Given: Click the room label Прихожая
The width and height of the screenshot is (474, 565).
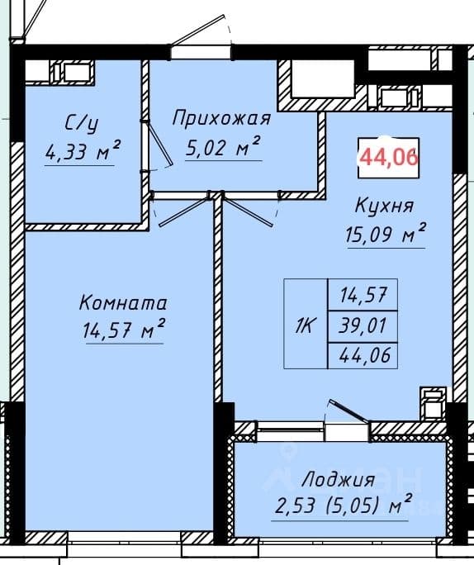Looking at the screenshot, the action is coord(221,119).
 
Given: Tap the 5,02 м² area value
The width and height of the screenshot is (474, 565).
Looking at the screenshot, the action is coord(223,147).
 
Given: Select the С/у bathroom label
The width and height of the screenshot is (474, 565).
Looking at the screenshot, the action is coord(82,124).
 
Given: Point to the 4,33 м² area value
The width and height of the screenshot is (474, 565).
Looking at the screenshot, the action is coord(83,151).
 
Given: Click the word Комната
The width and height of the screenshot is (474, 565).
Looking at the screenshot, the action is coord(123,303).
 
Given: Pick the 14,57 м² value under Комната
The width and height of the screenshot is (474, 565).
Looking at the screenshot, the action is coord(124,329).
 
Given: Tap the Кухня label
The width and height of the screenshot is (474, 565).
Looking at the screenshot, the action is coord(384,207).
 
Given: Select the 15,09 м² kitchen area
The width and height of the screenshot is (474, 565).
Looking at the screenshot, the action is coord(386,234).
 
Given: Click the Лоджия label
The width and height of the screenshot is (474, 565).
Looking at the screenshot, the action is coord(339,481).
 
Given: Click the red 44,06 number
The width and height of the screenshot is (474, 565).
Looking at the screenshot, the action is coord(389,157).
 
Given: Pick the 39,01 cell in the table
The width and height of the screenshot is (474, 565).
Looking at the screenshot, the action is coord(363,325).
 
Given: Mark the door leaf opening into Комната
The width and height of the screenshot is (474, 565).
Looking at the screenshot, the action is coord(183,212).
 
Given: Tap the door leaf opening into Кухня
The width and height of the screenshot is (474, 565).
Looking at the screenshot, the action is coord(249,212).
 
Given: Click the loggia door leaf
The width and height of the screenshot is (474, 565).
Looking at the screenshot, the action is coord(348,411).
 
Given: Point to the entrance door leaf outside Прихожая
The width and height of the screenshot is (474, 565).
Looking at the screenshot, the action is coord(199,30).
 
